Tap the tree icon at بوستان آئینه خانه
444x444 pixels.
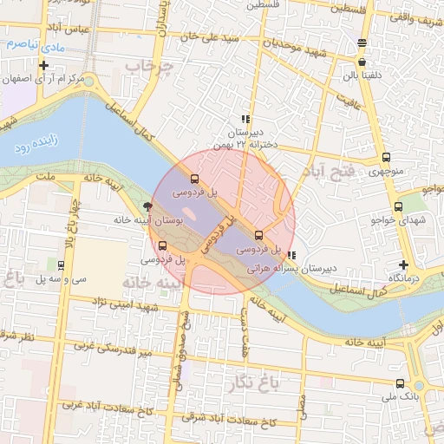pyautogui.click(x=149, y=207)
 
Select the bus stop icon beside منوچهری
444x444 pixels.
pyautogui.click(x=386, y=158)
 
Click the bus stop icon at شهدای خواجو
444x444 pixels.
pyautogui.click(x=399, y=207)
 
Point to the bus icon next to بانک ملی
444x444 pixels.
pyautogui.click(x=399, y=383)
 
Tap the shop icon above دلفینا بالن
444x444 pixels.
pyautogui.click(x=362, y=62)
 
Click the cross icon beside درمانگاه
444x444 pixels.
pyautogui.click(x=402, y=264)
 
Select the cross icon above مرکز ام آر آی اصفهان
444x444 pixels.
pyautogui.click(x=43, y=65)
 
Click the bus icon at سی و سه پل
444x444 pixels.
pyautogui.click(x=62, y=264)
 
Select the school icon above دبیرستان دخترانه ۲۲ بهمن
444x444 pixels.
pyautogui.click(x=245, y=119)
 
